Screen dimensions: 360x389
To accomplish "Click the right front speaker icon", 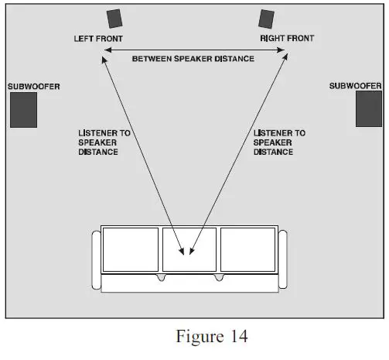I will (x=267, y=19).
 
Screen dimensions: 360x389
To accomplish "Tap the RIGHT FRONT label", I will (x=286, y=38).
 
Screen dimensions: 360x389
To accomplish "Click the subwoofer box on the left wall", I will (x=23, y=109).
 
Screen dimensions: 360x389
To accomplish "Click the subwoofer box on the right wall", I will (x=368, y=109).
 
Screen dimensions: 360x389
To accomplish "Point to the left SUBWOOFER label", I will (x=33, y=86).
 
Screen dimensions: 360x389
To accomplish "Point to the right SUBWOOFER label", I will (x=356, y=86).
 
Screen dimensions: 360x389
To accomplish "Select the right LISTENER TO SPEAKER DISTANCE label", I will (x=279, y=142).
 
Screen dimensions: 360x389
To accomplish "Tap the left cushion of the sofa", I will (x=130, y=249).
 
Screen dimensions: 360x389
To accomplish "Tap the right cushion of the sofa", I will (x=248, y=249).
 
